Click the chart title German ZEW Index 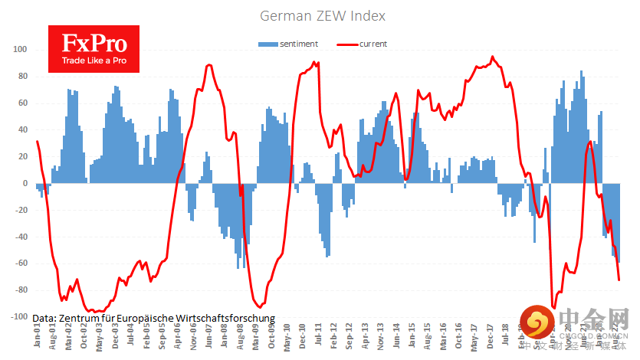323,15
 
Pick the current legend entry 373,44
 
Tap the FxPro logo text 94,44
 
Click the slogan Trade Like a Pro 94,61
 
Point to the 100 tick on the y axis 21,50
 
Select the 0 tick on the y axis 25,183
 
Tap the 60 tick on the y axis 22,103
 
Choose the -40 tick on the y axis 21,237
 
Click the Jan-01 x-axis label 38,337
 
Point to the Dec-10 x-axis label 304,337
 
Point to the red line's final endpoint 619,280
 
